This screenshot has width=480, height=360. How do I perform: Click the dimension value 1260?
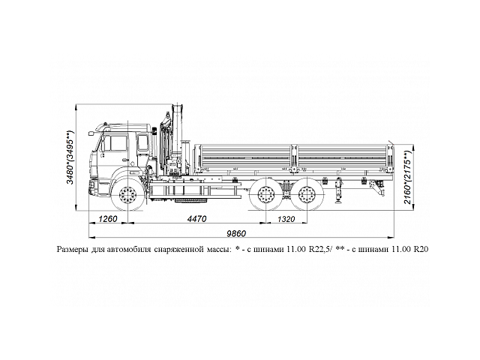tap(109, 220)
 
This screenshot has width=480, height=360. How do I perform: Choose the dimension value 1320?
tap(286, 220)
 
